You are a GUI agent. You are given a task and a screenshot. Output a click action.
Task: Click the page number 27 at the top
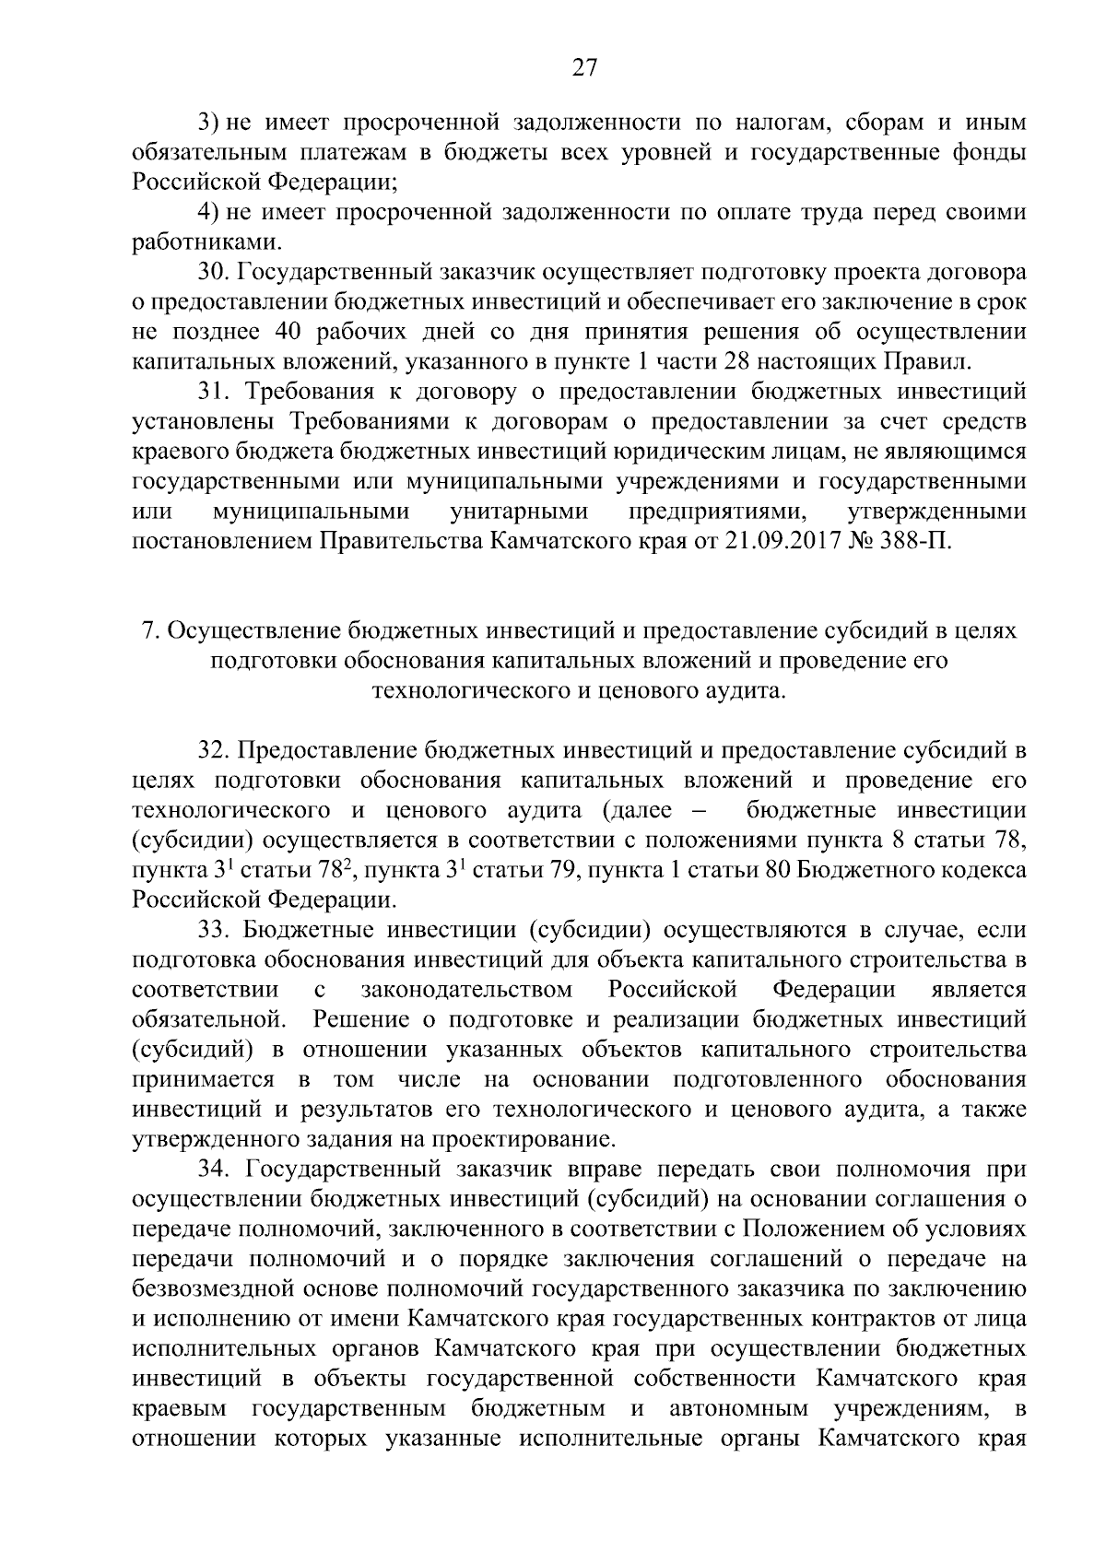584,67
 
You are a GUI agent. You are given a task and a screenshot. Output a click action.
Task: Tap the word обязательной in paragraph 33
206,1019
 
